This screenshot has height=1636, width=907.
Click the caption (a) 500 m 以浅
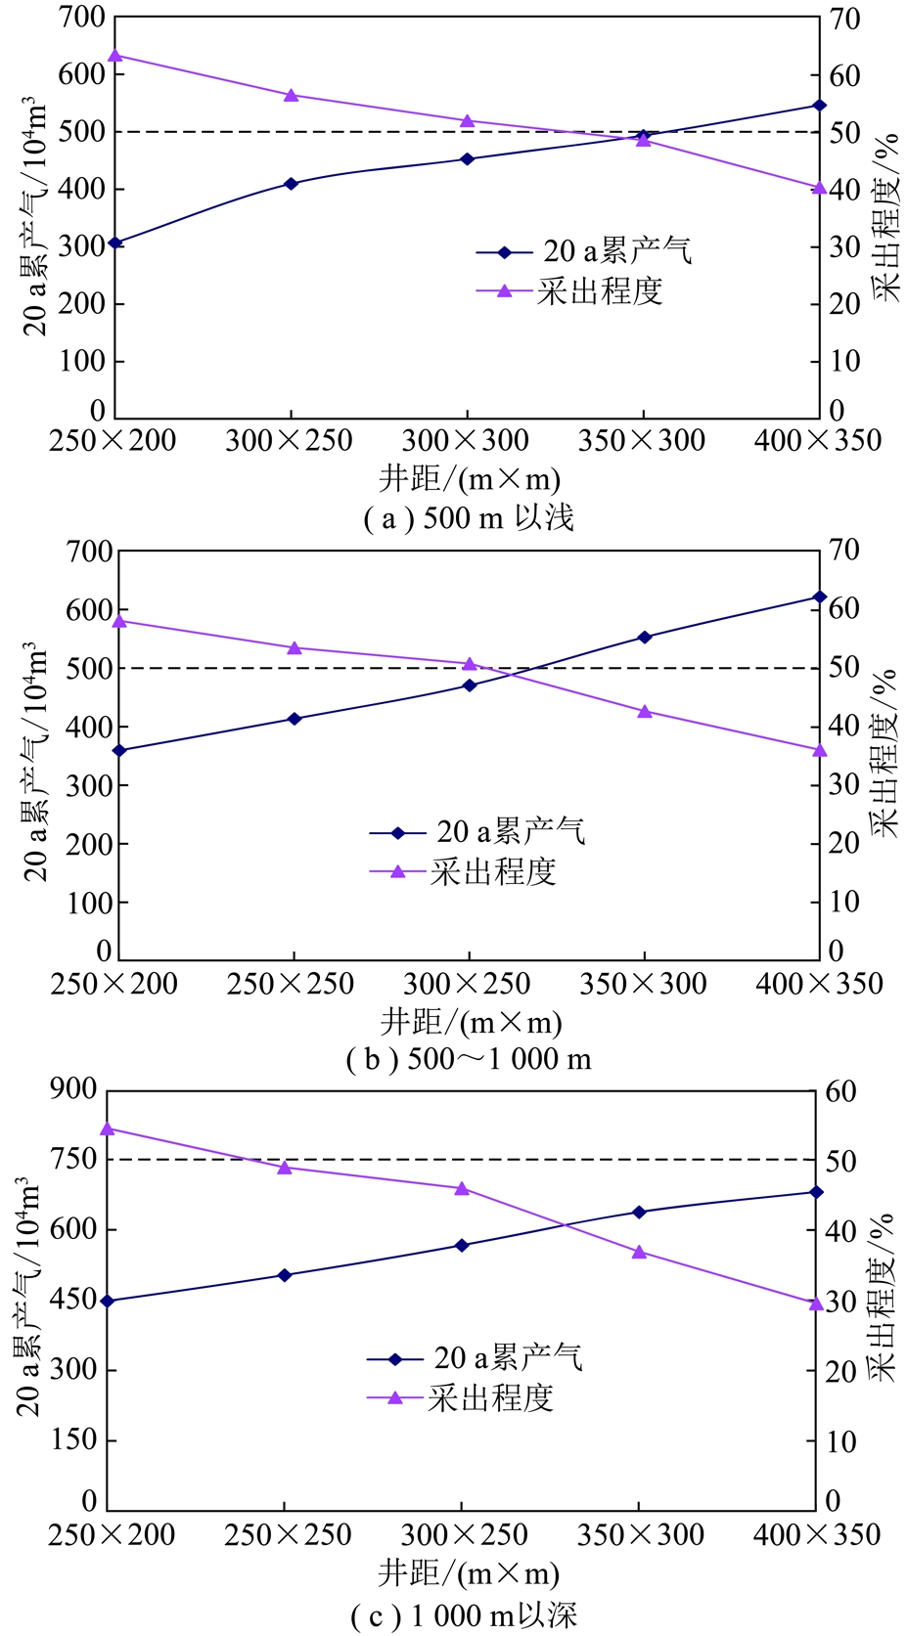click(469, 517)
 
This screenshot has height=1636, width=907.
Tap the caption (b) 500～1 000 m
click(469, 1059)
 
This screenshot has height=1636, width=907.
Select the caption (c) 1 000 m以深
click(464, 1615)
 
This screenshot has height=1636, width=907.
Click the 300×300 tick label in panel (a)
click(466, 440)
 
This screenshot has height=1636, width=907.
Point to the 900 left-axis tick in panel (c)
click(74, 1088)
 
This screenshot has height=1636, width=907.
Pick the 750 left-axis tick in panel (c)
click(74, 1159)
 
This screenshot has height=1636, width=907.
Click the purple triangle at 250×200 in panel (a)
click(114, 56)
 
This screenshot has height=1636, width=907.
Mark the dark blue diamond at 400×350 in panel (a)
click(820, 105)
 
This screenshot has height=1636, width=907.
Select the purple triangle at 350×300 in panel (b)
click(645, 711)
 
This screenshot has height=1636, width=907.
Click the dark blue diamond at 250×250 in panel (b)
click(295, 719)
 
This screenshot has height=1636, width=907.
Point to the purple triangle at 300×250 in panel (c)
click(462, 1189)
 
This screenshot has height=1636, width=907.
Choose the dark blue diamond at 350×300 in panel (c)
click(640, 1212)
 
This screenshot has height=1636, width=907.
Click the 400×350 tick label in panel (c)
click(817, 1535)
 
